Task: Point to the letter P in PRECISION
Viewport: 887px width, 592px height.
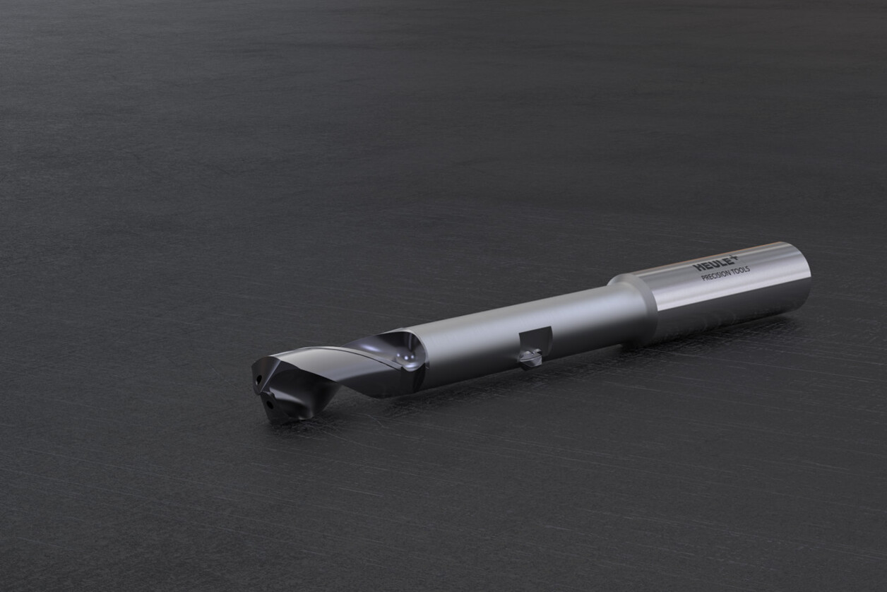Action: [x=703, y=278]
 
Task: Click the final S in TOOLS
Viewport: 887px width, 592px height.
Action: [x=748, y=268]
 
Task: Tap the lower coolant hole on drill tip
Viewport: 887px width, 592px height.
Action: [x=269, y=407]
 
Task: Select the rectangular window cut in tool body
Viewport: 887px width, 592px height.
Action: [x=535, y=340]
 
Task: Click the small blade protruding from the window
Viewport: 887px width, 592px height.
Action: [x=530, y=360]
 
